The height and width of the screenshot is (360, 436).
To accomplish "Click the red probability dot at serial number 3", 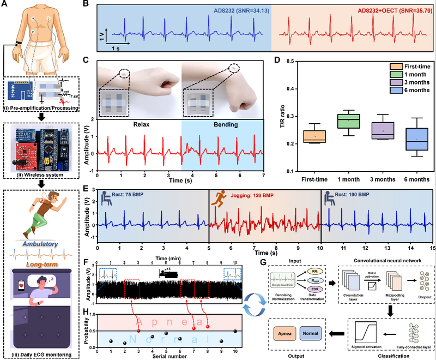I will (138, 331).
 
